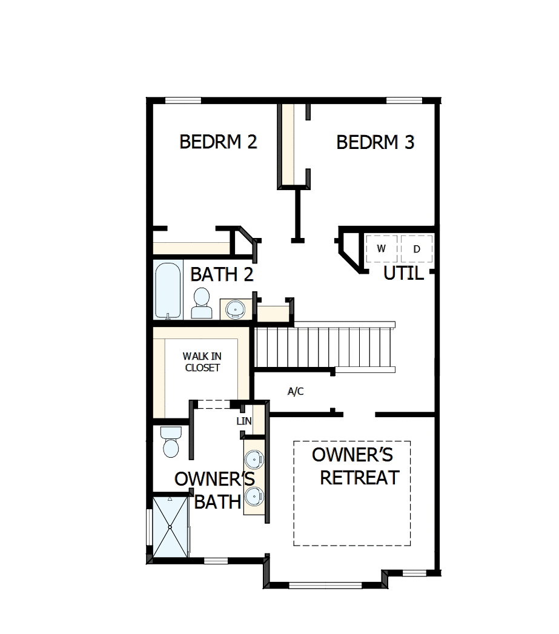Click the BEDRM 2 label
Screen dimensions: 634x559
coord(218,142)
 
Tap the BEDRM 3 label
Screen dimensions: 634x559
coord(375,143)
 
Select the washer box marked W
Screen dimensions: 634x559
coord(382,249)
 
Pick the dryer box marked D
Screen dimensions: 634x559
coord(417,249)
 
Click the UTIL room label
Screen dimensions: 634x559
coord(403,274)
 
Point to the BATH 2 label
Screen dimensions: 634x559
coord(221,274)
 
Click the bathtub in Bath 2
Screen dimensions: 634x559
coord(168,289)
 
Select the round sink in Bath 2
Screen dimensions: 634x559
coord(234,309)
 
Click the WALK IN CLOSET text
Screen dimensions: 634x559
coord(202,362)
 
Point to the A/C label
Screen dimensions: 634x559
coord(296,392)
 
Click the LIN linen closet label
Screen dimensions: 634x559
coord(244,421)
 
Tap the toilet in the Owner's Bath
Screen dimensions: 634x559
coord(171,442)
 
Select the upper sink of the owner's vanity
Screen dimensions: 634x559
coord(255,458)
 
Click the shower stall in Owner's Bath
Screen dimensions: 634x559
coord(170,526)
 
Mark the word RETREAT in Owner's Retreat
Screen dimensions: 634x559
coord(359,478)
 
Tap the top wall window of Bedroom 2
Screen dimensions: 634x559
coord(184,101)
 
